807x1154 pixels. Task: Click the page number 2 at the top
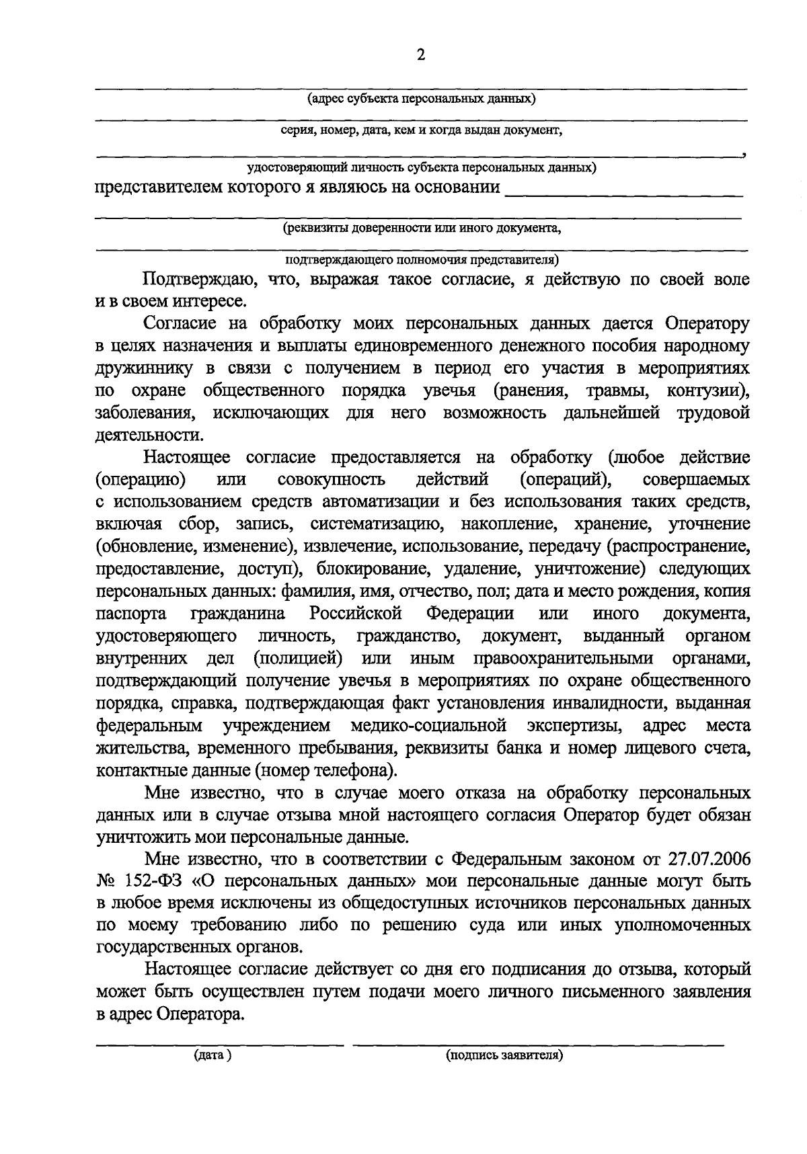[x=422, y=56]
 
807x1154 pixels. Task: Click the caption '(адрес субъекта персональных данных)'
[x=421, y=99]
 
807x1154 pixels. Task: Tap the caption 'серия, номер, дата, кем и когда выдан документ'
[x=421, y=130]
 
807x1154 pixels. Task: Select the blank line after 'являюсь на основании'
[x=623, y=195]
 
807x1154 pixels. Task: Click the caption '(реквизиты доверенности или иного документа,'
[x=421, y=228]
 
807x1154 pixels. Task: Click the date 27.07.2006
[x=710, y=859]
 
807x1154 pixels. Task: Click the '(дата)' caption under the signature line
[x=213, y=1056]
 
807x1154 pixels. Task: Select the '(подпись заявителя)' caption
[x=504, y=1056]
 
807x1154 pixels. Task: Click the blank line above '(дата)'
[x=219, y=1044]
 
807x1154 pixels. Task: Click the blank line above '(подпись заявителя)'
[x=538, y=1044]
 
